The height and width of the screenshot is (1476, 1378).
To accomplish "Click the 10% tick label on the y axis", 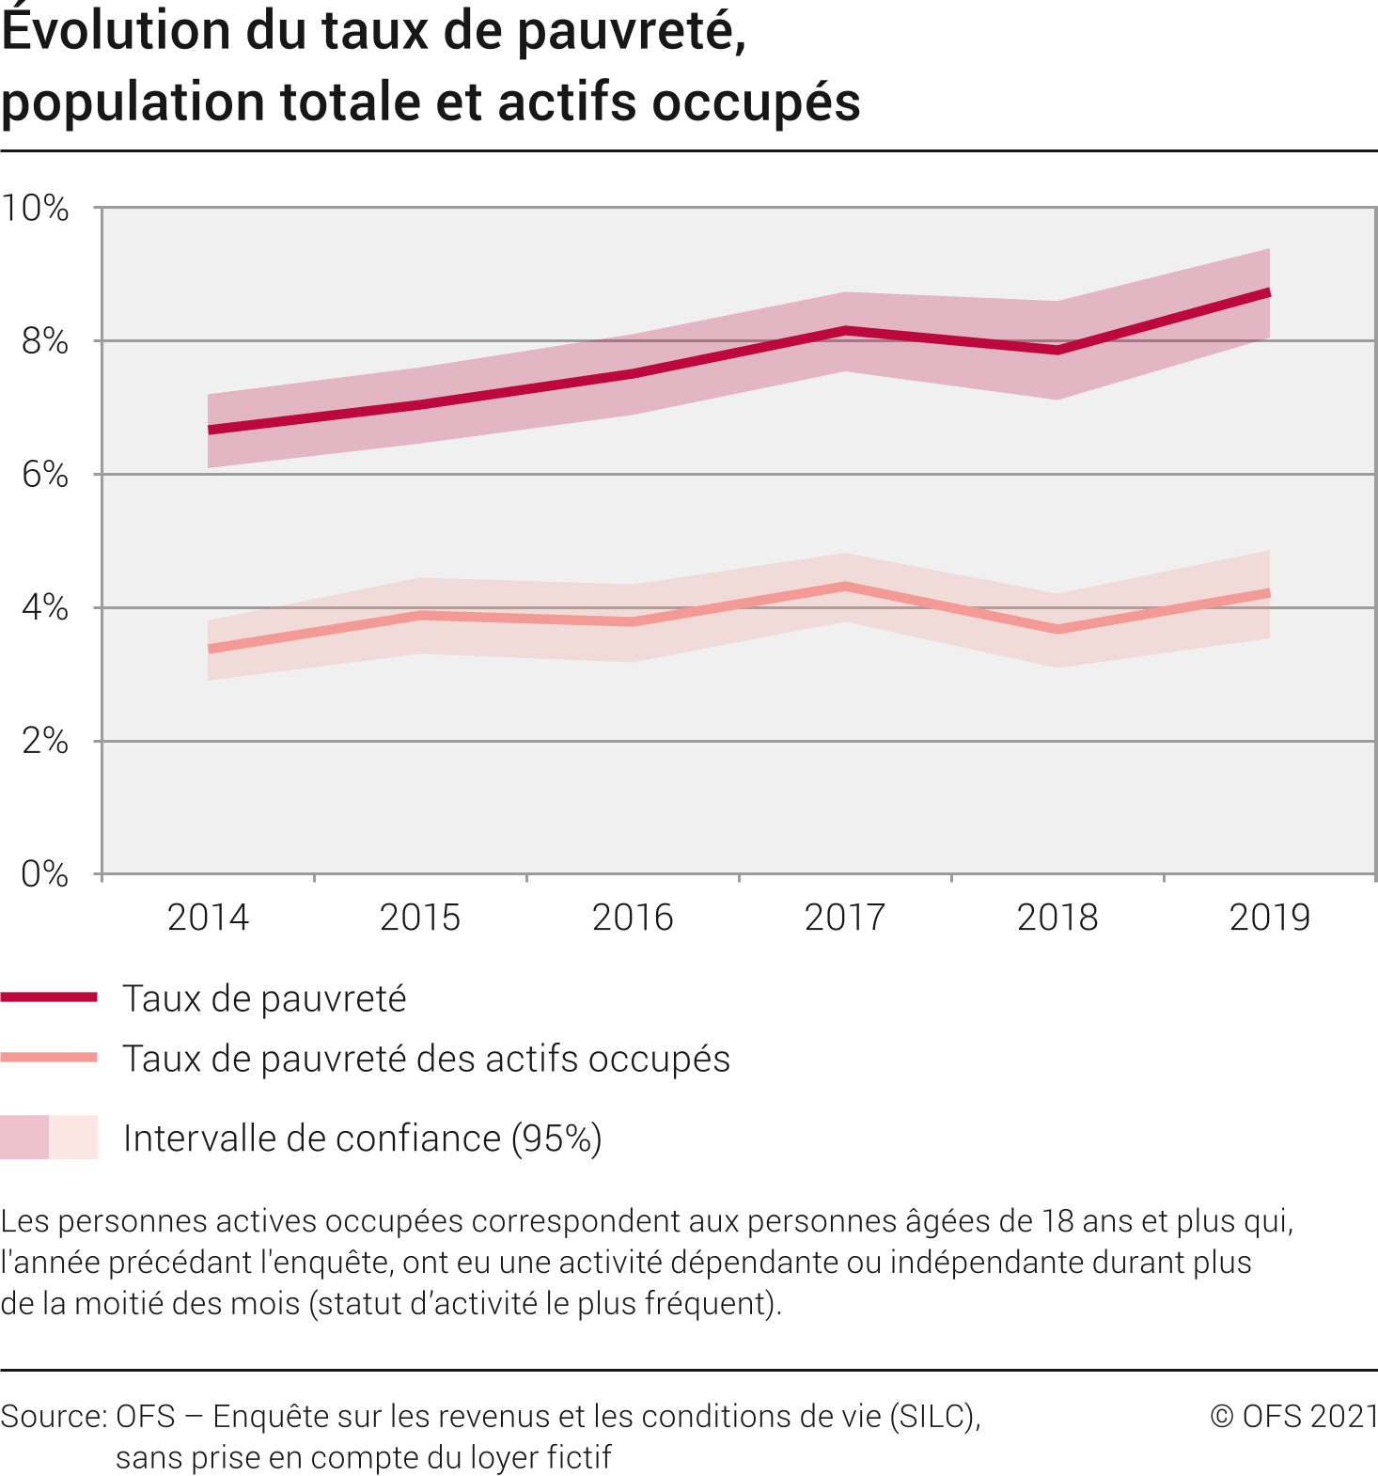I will coord(36,209).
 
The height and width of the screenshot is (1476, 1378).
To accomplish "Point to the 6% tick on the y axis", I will coord(45,475).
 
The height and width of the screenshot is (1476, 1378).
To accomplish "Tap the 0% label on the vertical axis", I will coord(45,874).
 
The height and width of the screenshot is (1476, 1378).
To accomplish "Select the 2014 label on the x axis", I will coord(208,918).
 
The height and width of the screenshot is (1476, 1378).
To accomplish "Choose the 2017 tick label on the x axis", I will coord(845,918).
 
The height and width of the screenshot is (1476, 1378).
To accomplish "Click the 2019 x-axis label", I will coord(1269,918).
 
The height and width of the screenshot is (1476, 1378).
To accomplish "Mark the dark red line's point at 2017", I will coord(845,331).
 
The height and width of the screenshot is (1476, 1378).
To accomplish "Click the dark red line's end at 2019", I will coord(1269,293).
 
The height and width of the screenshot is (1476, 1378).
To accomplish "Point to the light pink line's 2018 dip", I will coord(1057,629).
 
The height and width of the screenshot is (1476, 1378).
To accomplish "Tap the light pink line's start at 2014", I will coord(209,649).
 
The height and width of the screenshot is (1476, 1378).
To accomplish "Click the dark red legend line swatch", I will coord(49,997).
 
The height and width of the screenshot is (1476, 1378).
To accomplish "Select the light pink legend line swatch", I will coord(49,1058).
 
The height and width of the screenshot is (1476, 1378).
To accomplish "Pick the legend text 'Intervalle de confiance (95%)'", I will coord(362,1138).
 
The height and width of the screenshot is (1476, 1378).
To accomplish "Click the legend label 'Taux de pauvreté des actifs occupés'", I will coord(426,1059).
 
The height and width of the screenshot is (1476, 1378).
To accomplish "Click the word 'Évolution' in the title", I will coord(116,30).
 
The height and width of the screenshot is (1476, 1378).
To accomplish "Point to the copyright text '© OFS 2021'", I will coord(1293,1416).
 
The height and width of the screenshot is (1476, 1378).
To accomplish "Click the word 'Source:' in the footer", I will coord(54,1416).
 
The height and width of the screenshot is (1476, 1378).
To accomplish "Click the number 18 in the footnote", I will coord(1058,1221).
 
